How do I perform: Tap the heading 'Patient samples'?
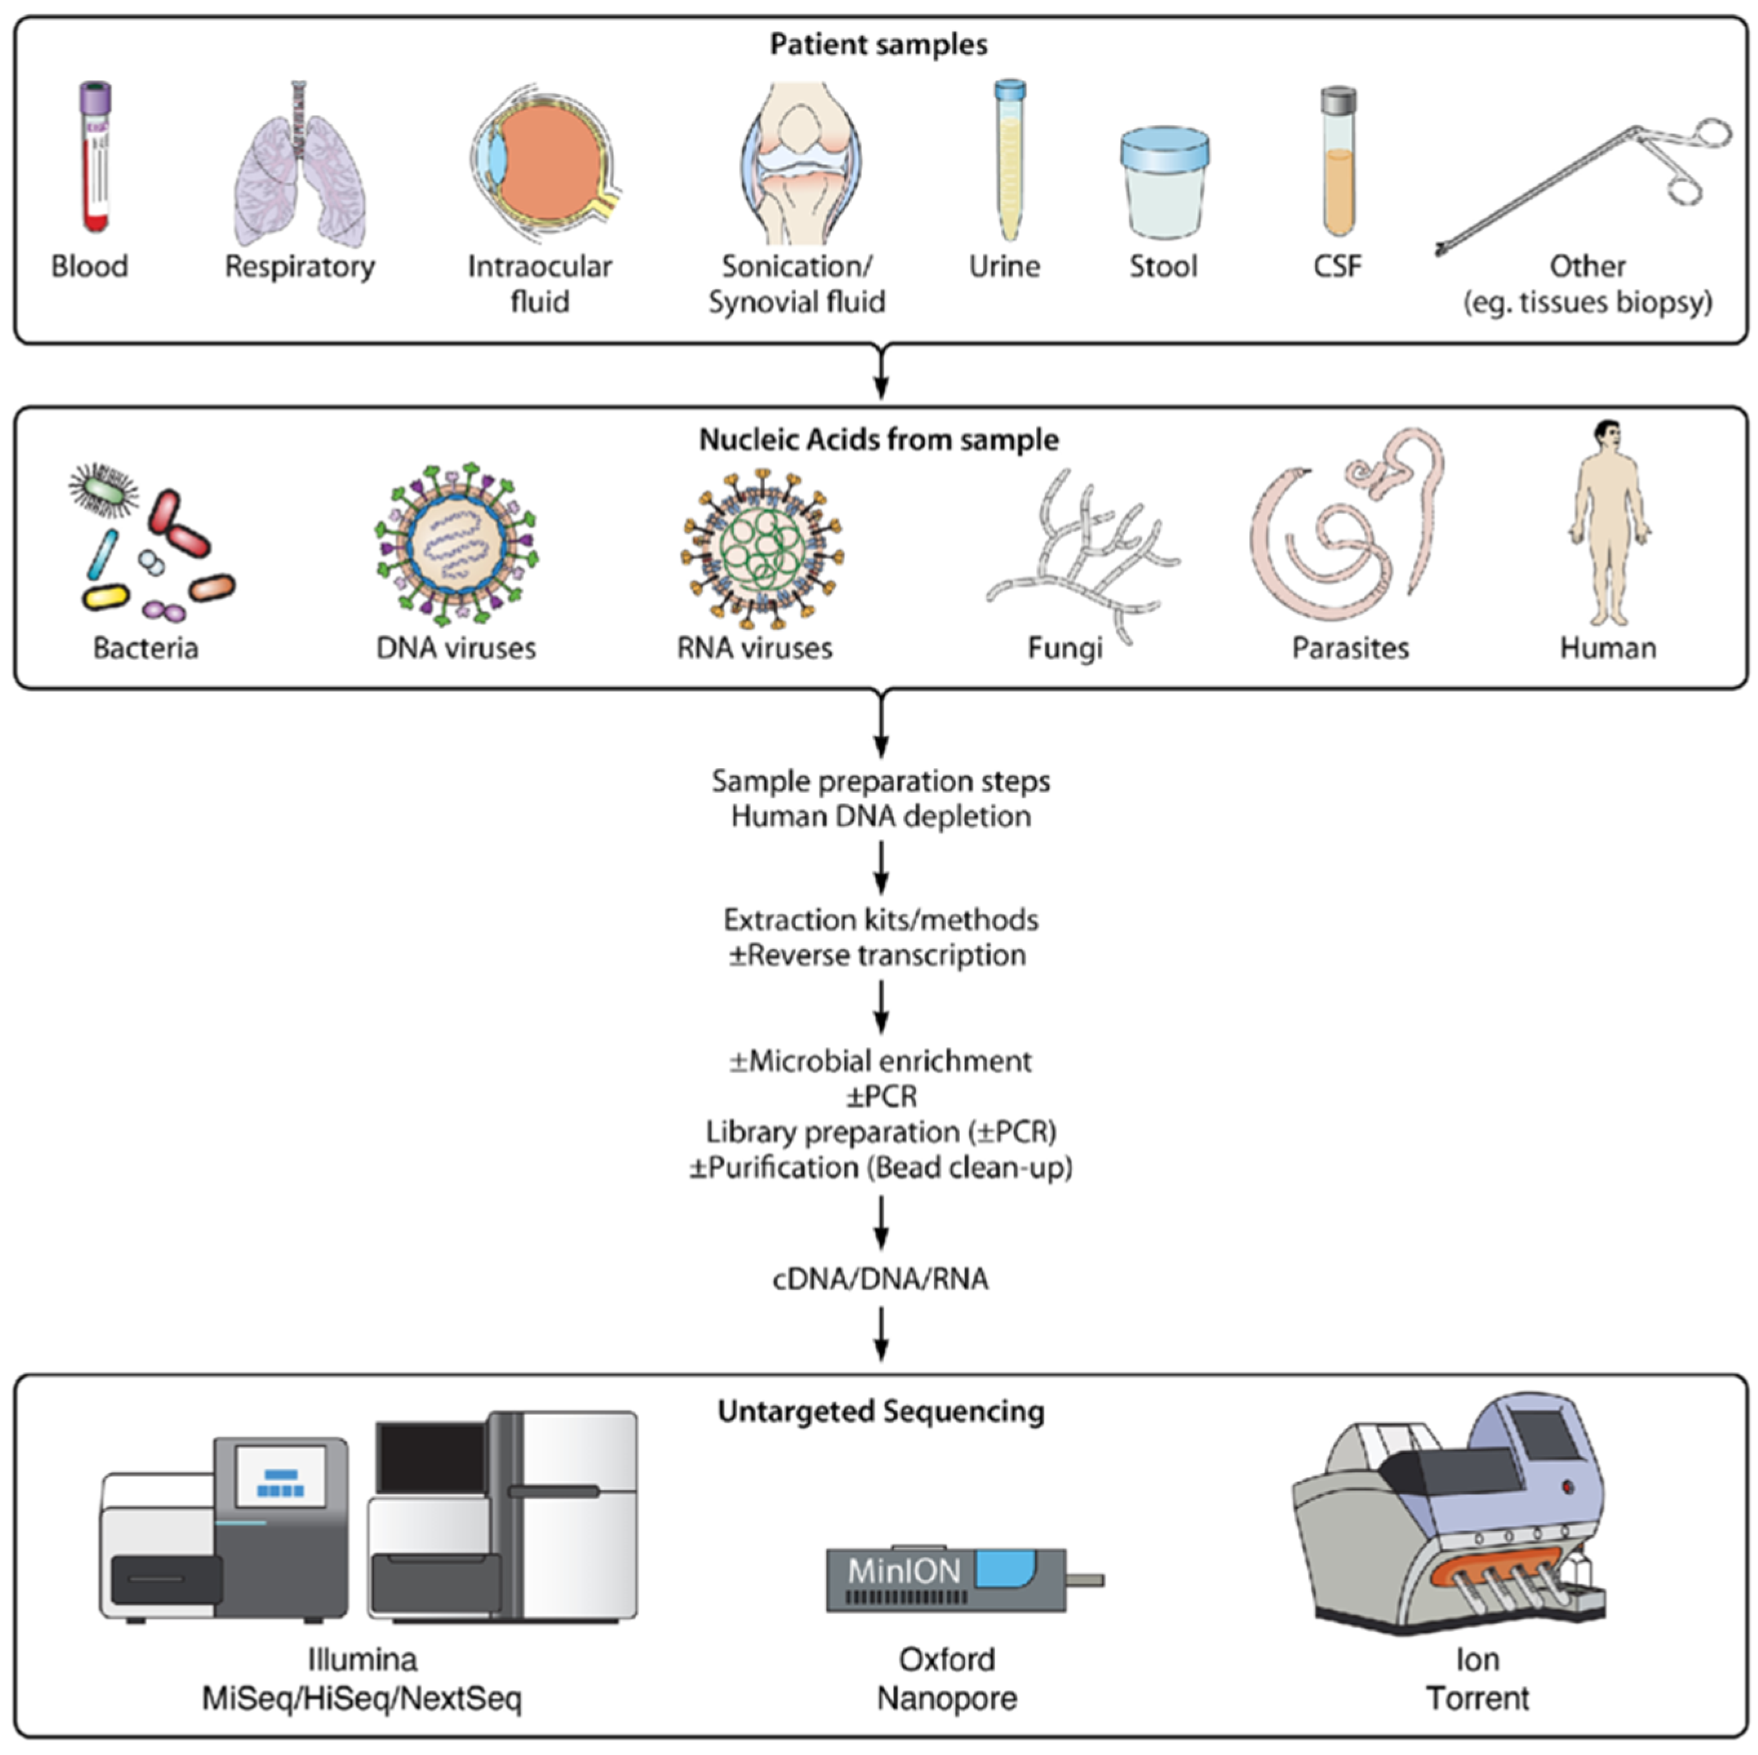878,45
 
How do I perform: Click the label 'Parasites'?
1350,648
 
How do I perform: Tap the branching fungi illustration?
1083,550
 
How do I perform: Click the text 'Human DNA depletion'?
880,816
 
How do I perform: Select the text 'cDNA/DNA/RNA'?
880,1278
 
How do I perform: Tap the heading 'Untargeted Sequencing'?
880,1411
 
